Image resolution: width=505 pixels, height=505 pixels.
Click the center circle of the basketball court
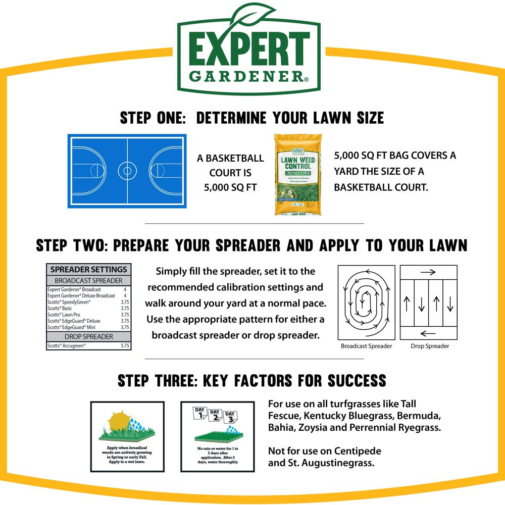(x=127, y=171)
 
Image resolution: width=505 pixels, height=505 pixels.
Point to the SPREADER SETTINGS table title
(x=88, y=270)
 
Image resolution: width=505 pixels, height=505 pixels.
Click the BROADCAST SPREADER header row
(x=88, y=280)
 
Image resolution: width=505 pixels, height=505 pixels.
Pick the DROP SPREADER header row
(x=88, y=337)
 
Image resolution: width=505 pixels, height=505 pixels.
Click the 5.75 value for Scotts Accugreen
(x=125, y=346)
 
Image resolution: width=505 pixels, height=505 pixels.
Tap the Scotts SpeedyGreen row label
(x=69, y=302)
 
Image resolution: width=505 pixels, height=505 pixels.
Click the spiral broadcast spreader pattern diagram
(x=366, y=302)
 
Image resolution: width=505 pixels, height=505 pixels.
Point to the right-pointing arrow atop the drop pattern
(x=428, y=272)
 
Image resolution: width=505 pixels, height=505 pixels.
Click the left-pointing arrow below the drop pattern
(x=428, y=333)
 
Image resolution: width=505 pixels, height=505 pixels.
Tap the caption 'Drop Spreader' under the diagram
(x=430, y=346)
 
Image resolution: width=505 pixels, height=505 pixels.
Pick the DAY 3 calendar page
(x=231, y=417)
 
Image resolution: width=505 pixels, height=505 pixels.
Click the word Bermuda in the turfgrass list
(x=421, y=417)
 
